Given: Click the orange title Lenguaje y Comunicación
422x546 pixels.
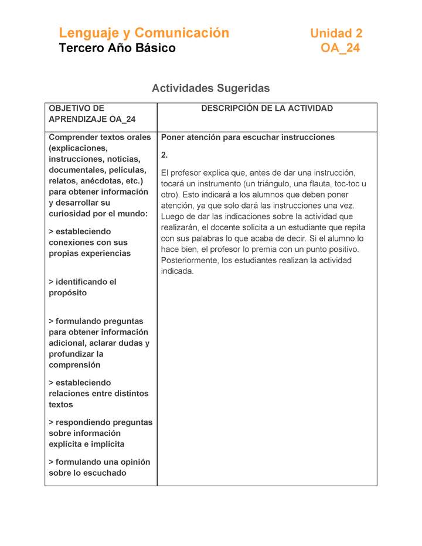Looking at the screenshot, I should (x=144, y=33).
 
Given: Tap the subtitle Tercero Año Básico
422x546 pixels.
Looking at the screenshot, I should (x=117, y=48).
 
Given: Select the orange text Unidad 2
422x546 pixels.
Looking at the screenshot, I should (x=336, y=33).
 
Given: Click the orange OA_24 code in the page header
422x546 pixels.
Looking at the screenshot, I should (x=340, y=48).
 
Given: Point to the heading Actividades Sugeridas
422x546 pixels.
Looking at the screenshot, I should (x=210, y=88).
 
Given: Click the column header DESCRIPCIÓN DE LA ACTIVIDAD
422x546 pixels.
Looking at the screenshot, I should (x=267, y=108).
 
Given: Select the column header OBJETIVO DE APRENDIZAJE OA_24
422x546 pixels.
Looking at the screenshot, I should (x=92, y=114).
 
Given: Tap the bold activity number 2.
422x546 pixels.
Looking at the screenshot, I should (x=164, y=155).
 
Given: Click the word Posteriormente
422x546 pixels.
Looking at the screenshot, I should (x=189, y=260).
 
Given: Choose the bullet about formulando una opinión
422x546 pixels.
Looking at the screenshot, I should (x=99, y=467).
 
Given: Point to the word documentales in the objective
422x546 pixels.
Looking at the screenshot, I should (x=77, y=170).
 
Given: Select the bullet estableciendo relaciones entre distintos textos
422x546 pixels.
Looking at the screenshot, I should (x=98, y=394).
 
